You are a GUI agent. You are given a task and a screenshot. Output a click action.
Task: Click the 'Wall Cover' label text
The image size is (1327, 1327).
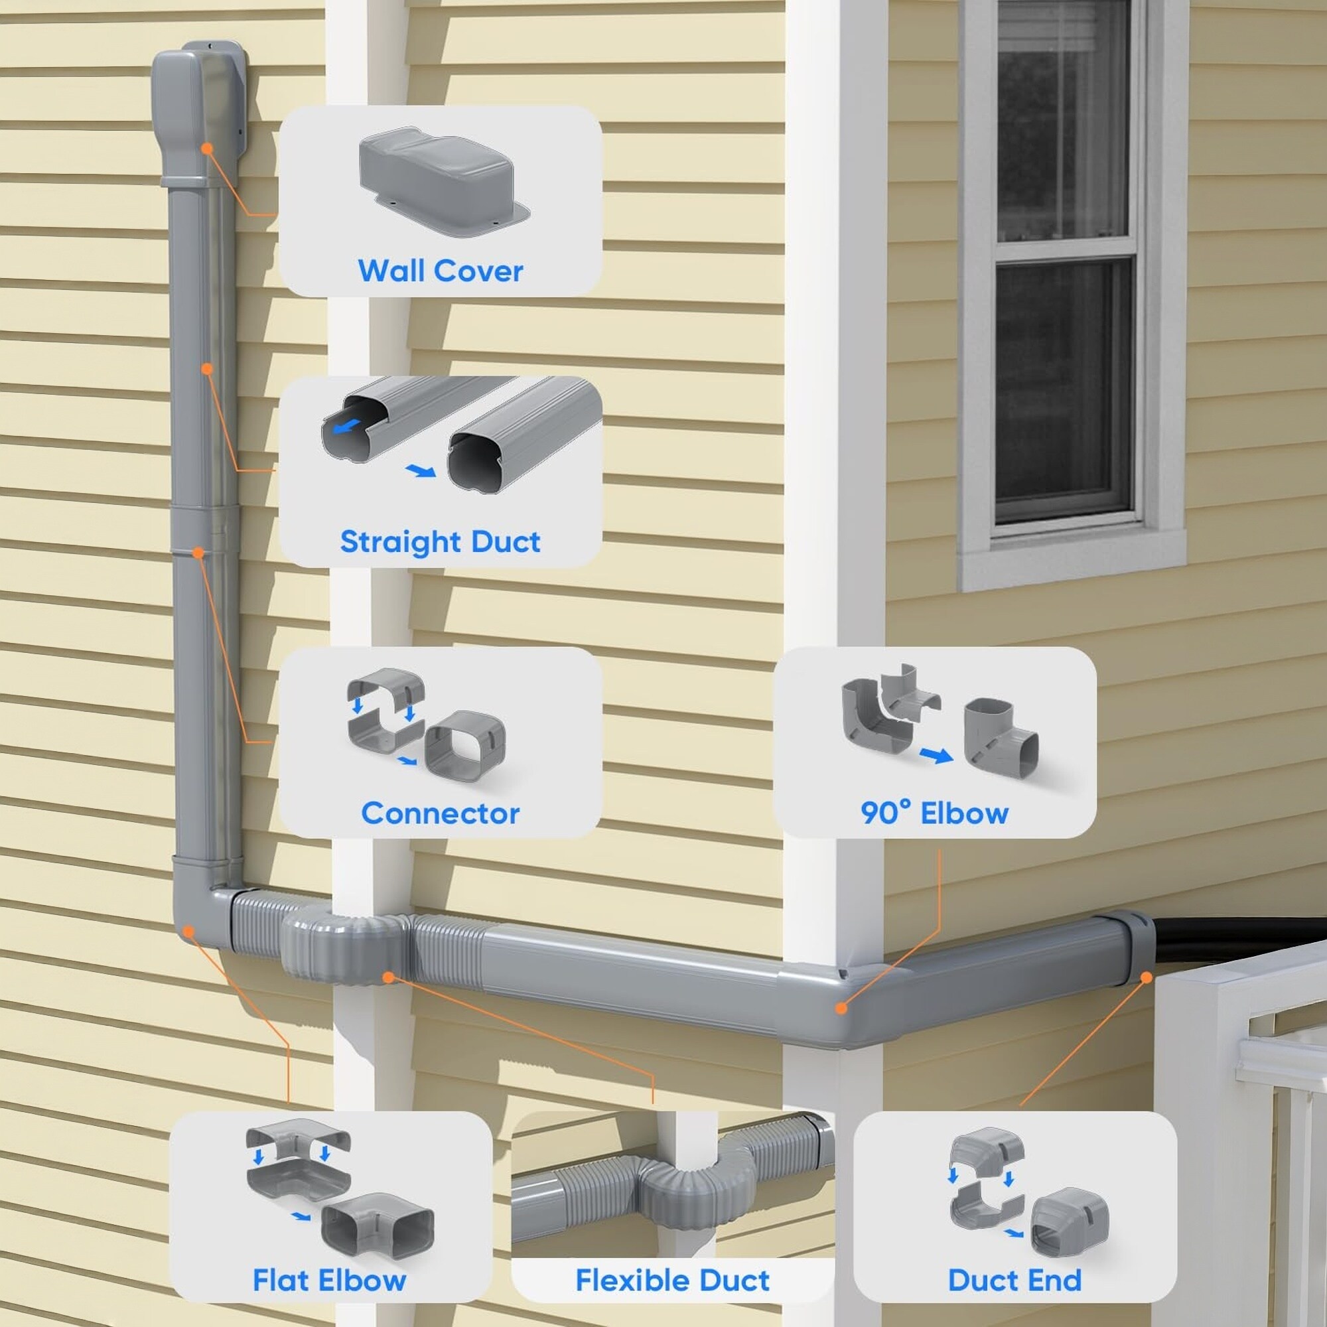[441, 271]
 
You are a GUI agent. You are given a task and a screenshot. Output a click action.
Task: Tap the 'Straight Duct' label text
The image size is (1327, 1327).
[441, 542]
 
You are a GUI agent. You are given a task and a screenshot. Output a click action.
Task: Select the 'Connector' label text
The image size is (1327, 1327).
[441, 813]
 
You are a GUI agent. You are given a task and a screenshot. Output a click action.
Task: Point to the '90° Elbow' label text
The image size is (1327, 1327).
[934, 813]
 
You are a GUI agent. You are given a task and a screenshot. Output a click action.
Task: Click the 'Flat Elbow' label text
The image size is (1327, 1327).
[329, 1281]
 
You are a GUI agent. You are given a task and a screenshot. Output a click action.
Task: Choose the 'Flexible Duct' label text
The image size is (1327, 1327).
[672, 1281]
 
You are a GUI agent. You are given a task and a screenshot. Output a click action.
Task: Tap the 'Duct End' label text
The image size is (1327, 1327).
[1014, 1281]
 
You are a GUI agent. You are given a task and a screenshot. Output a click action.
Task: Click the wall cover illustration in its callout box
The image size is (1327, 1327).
[443, 181]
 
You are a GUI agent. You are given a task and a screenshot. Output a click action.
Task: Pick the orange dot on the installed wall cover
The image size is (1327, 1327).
[207, 149]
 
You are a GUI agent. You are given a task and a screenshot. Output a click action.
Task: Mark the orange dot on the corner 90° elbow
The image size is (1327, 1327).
[841, 1009]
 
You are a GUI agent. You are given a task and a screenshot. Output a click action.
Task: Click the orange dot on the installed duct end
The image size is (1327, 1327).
[1146, 977]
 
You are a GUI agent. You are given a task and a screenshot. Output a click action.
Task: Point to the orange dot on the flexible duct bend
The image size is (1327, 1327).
[389, 977]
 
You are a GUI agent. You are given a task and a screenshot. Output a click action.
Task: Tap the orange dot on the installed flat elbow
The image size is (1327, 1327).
[188, 931]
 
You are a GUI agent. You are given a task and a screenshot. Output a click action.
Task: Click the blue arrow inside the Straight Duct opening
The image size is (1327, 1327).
[346, 427]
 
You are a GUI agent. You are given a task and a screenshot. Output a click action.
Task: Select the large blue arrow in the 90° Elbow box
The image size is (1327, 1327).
[936, 756]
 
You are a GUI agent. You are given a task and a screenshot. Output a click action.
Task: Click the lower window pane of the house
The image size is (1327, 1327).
[1063, 386]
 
